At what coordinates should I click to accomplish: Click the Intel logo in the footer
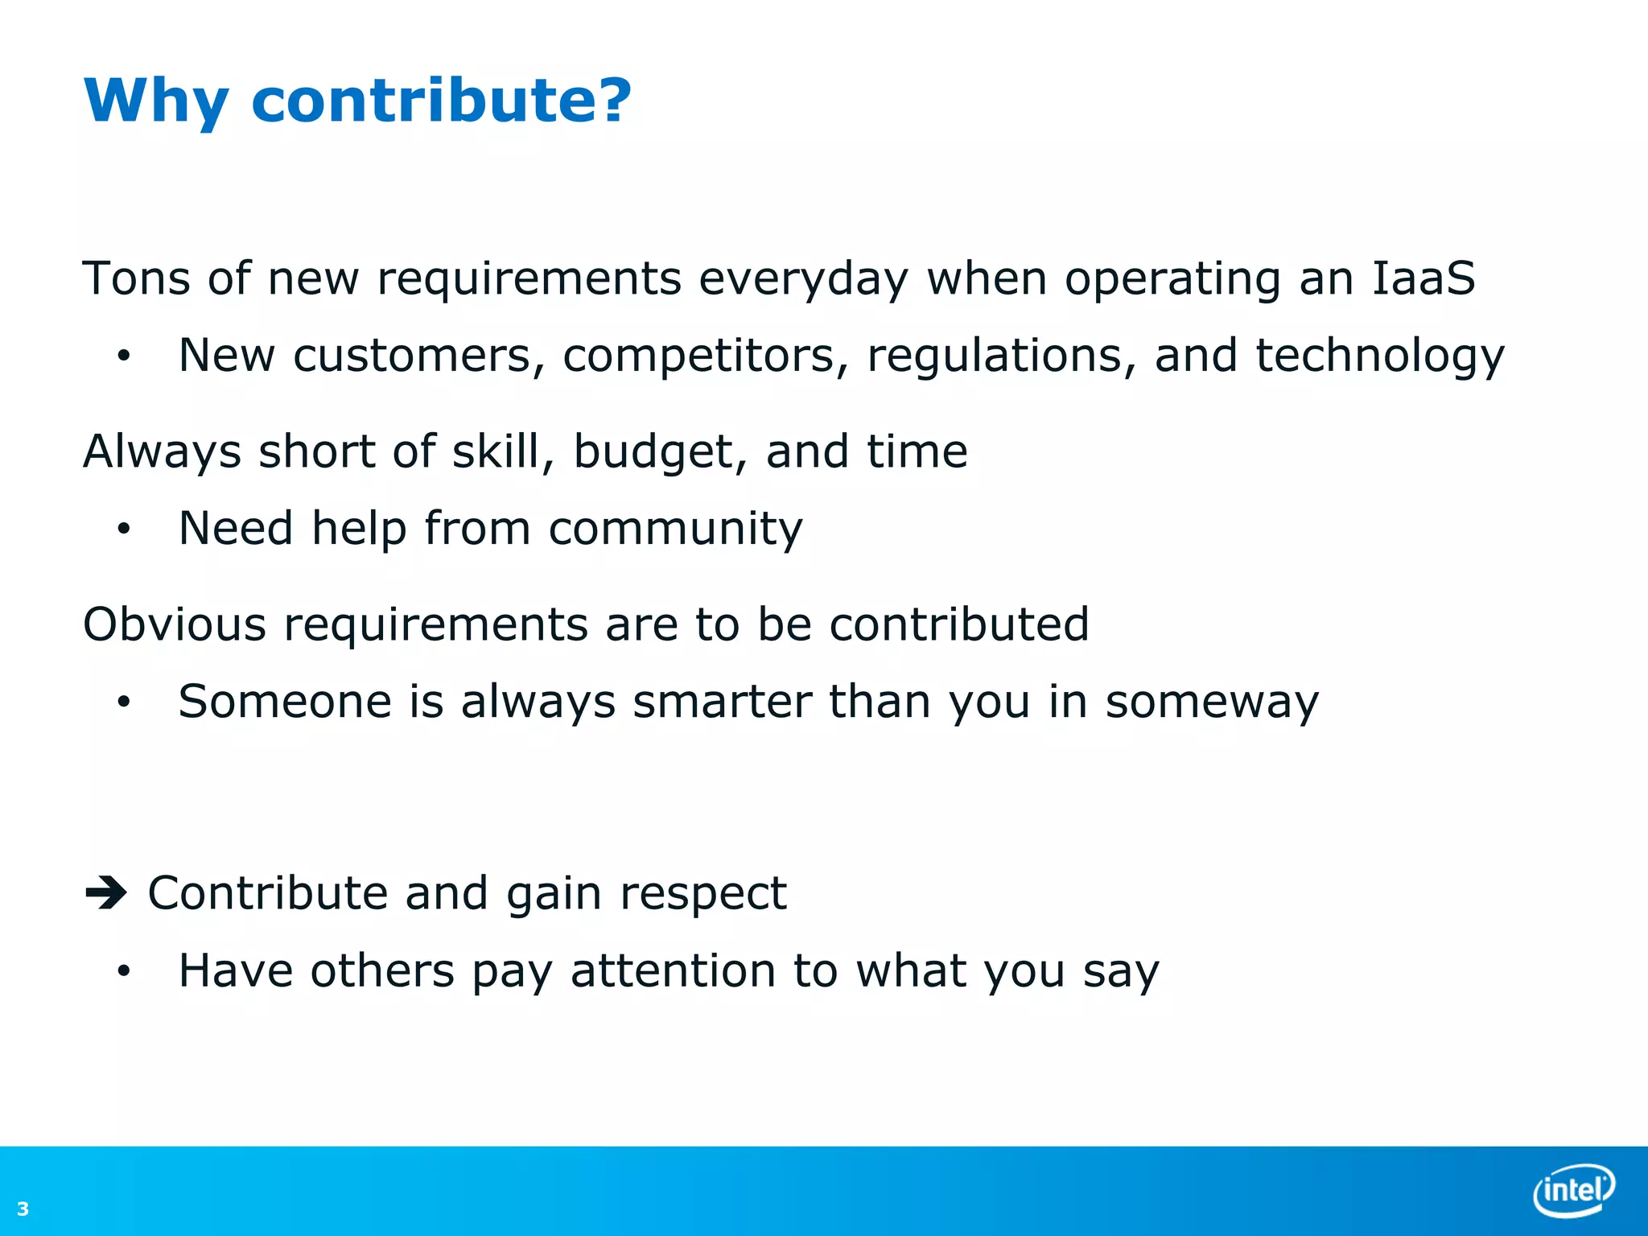(x=1573, y=1189)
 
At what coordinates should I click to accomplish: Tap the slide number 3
(x=23, y=1209)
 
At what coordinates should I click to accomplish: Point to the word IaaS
(x=1423, y=278)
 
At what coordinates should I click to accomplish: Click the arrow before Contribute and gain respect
(x=106, y=892)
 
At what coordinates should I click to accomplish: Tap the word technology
(x=1379, y=356)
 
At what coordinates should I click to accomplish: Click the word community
(x=675, y=529)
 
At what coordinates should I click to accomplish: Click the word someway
(x=1212, y=702)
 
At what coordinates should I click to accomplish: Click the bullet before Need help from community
(x=123, y=529)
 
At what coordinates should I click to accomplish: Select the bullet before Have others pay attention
(x=123, y=971)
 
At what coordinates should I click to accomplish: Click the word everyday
(x=802, y=279)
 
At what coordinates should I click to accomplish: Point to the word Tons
(x=136, y=278)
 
